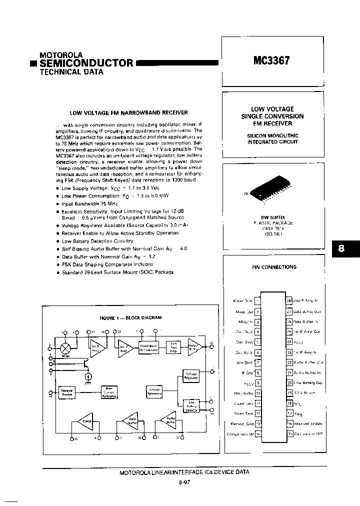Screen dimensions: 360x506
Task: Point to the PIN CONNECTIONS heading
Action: (x=273, y=267)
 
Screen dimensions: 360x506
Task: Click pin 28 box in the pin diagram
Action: (x=288, y=301)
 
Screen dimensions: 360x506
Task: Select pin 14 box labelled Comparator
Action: (x=258, y=433)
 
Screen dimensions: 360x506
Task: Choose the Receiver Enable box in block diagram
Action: (x=66, y=392)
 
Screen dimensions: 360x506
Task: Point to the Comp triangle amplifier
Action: (x=83, y=422)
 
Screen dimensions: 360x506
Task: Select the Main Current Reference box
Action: (x=108, y=392)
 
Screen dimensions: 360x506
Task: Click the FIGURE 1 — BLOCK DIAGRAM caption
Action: (x=130, y=317)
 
